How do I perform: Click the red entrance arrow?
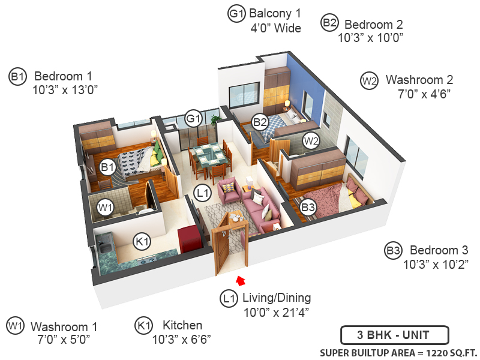(x=241, y=280)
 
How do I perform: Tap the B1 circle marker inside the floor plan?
(x=107, y=167)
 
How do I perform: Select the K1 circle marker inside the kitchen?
(x=142, y=242)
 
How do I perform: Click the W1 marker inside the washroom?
(x=106, y=208)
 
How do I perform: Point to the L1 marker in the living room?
(x=202, y=193)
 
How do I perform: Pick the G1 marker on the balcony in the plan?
(x=193, y=119)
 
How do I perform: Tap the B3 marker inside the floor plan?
(x=308, y=208)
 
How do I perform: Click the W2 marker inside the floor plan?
(x=310, y=141)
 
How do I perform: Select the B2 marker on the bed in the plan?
(x=260, y=122)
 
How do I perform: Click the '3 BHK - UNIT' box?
(x=392, y=335)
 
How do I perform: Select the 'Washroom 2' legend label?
(x=419, y=80)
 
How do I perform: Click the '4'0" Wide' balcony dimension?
(x=276, y=28)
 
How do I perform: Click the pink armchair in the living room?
(x=230, y=190)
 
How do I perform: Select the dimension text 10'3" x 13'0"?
(x=65, y=89)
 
